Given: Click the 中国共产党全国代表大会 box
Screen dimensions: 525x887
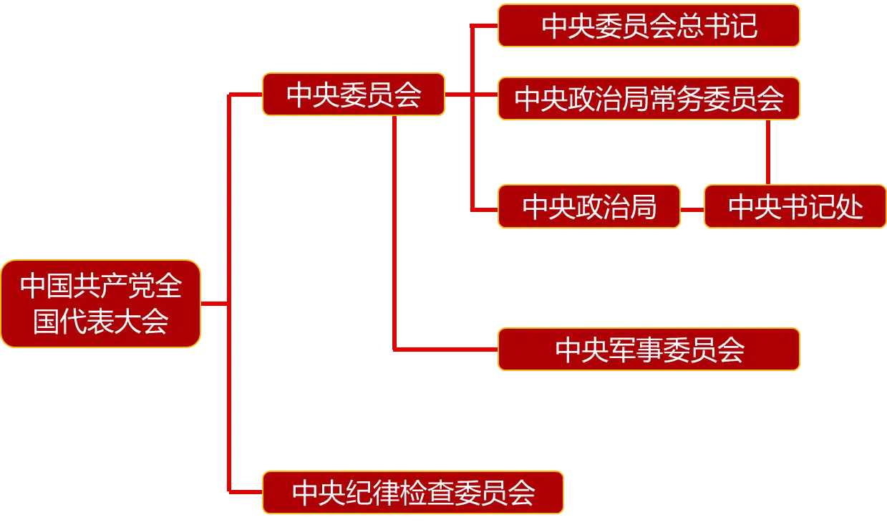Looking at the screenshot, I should pos(100,304).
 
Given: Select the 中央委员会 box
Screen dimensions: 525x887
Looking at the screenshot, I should pos(353,95).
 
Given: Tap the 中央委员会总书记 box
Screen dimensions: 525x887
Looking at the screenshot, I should pos(649,27).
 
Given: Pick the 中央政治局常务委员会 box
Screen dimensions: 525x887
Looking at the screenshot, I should pos(649,98).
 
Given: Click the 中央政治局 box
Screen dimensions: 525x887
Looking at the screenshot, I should pos(588,207).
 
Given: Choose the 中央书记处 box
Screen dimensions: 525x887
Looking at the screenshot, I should pos(795,207).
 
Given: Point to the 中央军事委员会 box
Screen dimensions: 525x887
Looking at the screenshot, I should pos(649,350).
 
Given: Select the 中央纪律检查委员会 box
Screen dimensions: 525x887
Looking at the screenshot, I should pos(413,493).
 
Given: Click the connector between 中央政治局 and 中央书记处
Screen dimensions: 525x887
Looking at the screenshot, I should pos(692,209).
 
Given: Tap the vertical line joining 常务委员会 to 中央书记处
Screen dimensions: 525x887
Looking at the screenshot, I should pos(767,152).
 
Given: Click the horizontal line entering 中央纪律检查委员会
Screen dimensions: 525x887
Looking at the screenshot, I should pos(244,492).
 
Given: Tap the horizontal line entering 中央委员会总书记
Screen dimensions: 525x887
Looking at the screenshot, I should pos(484,26).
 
